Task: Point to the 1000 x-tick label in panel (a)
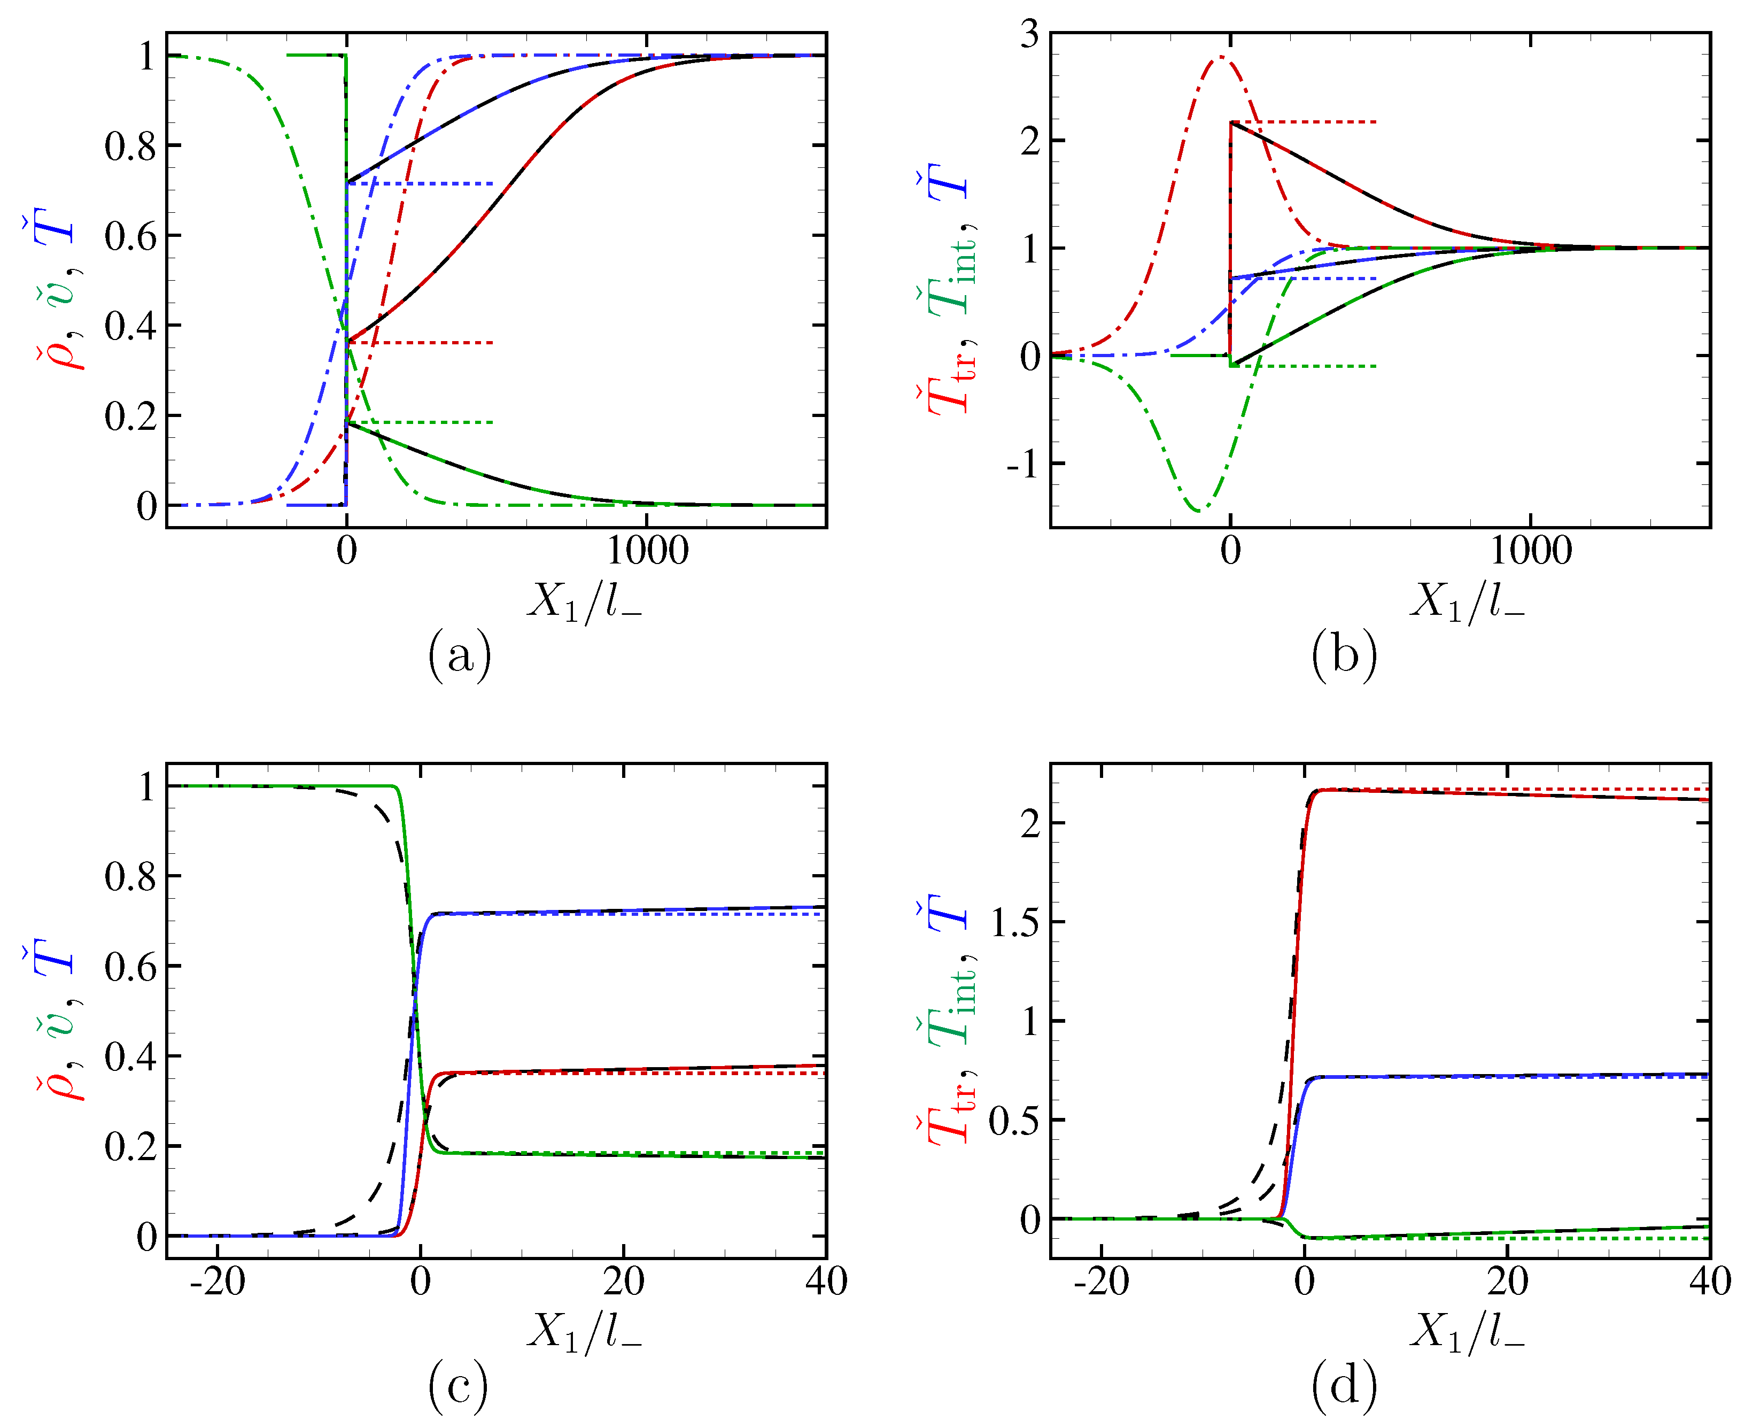[x=647, y=550]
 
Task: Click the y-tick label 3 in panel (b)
[x=1029, y=35]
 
